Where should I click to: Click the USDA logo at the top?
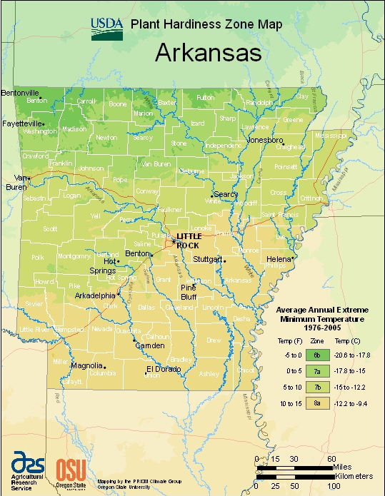[x=107, y=26]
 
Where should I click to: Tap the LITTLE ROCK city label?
[x=189, y=241]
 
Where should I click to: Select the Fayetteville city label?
[x=21, y=123]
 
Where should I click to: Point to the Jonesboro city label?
[x=266, y=140]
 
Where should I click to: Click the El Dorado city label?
[x=161, y=369]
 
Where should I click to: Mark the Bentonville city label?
[x=20, y=93]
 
